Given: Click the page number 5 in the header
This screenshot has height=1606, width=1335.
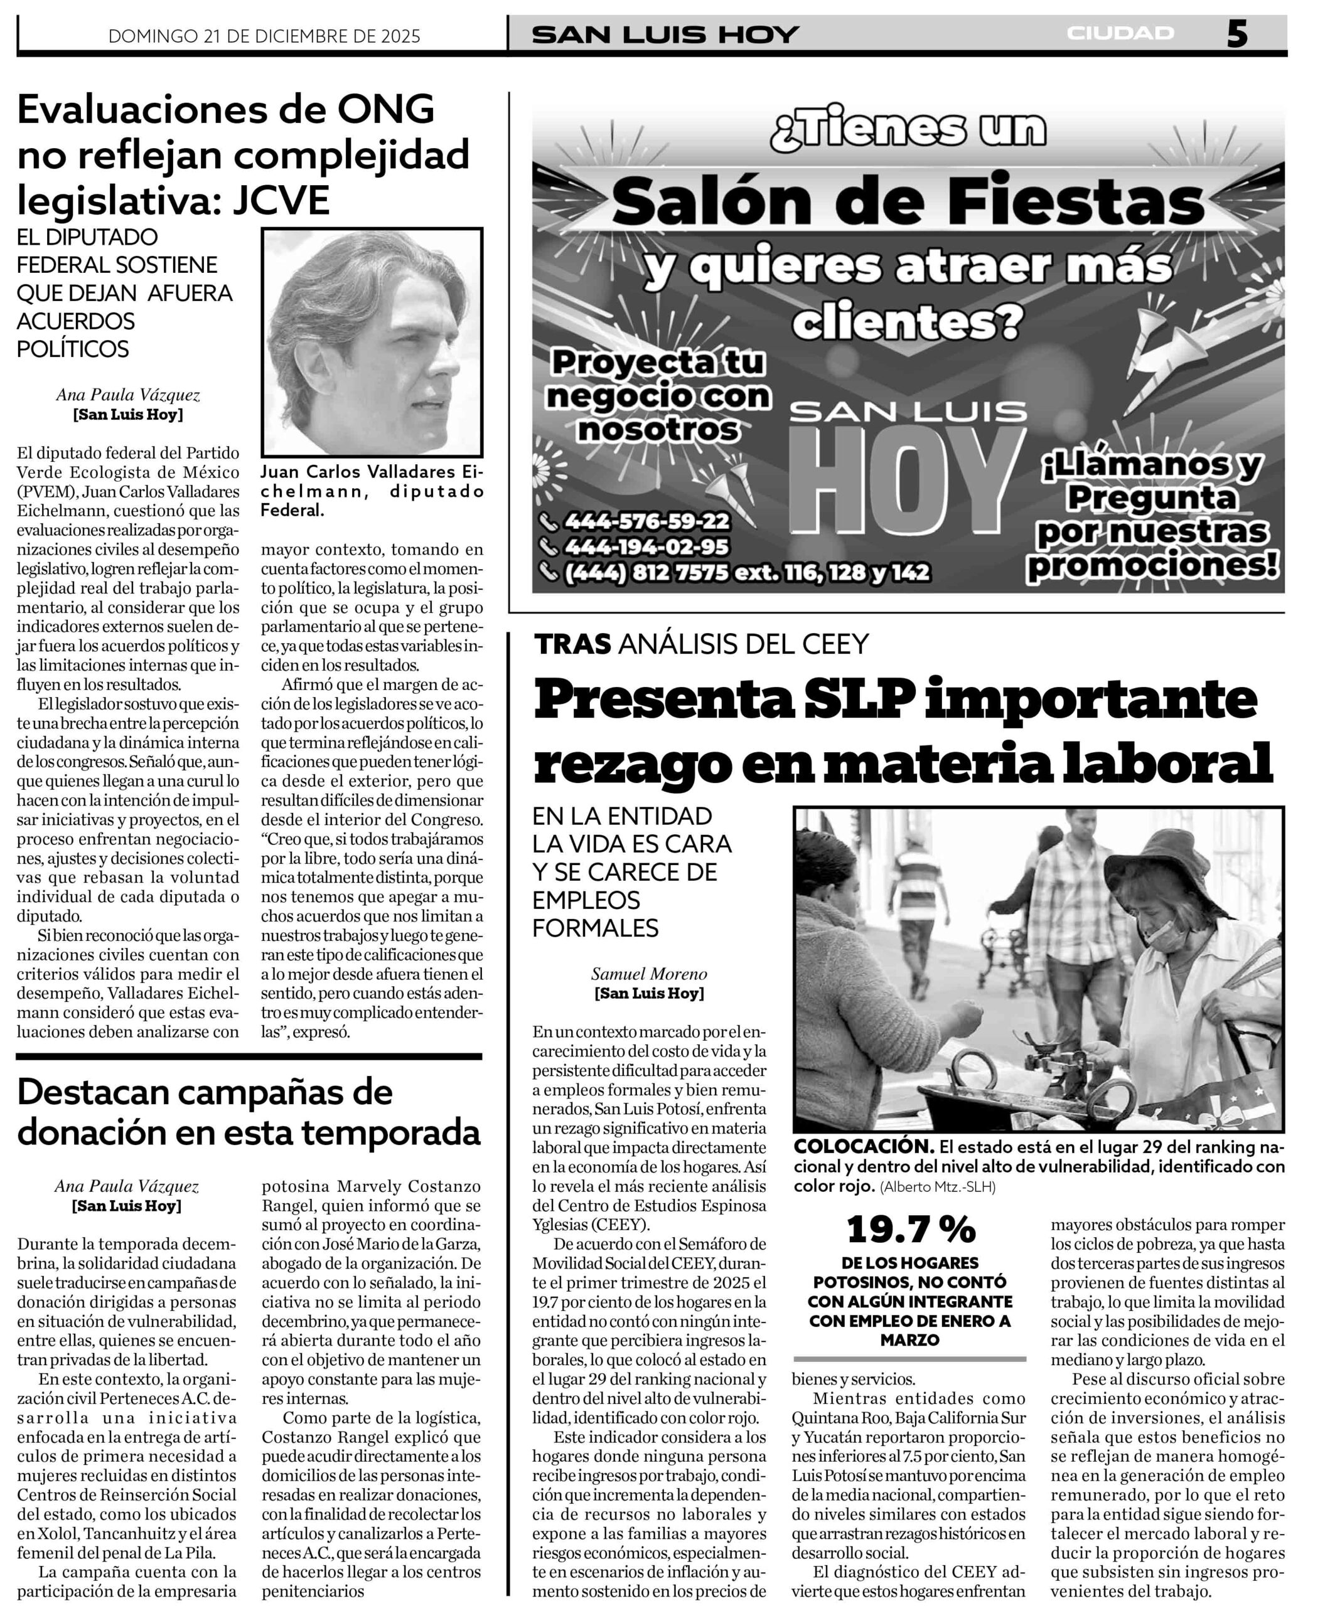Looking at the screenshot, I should click(x=1237, y=34).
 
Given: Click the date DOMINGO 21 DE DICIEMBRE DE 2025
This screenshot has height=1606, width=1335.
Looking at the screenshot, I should click(x=264, y=36).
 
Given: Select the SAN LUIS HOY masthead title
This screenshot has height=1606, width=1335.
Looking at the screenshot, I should click(x=665, y=35).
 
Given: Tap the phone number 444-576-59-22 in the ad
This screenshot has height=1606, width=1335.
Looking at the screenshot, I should click(x=646, y=521).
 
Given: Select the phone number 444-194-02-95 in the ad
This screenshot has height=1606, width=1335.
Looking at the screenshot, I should click(x=646, y=547).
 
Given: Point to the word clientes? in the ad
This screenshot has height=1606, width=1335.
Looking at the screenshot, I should click(x=906, y=322).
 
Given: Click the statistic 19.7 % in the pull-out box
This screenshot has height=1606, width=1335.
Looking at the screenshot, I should click(x=911, y=1230).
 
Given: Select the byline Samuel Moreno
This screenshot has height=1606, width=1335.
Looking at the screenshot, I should click(x=649, y=974).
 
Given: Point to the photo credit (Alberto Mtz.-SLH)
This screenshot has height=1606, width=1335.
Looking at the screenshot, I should click(x=938, y=1187).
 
